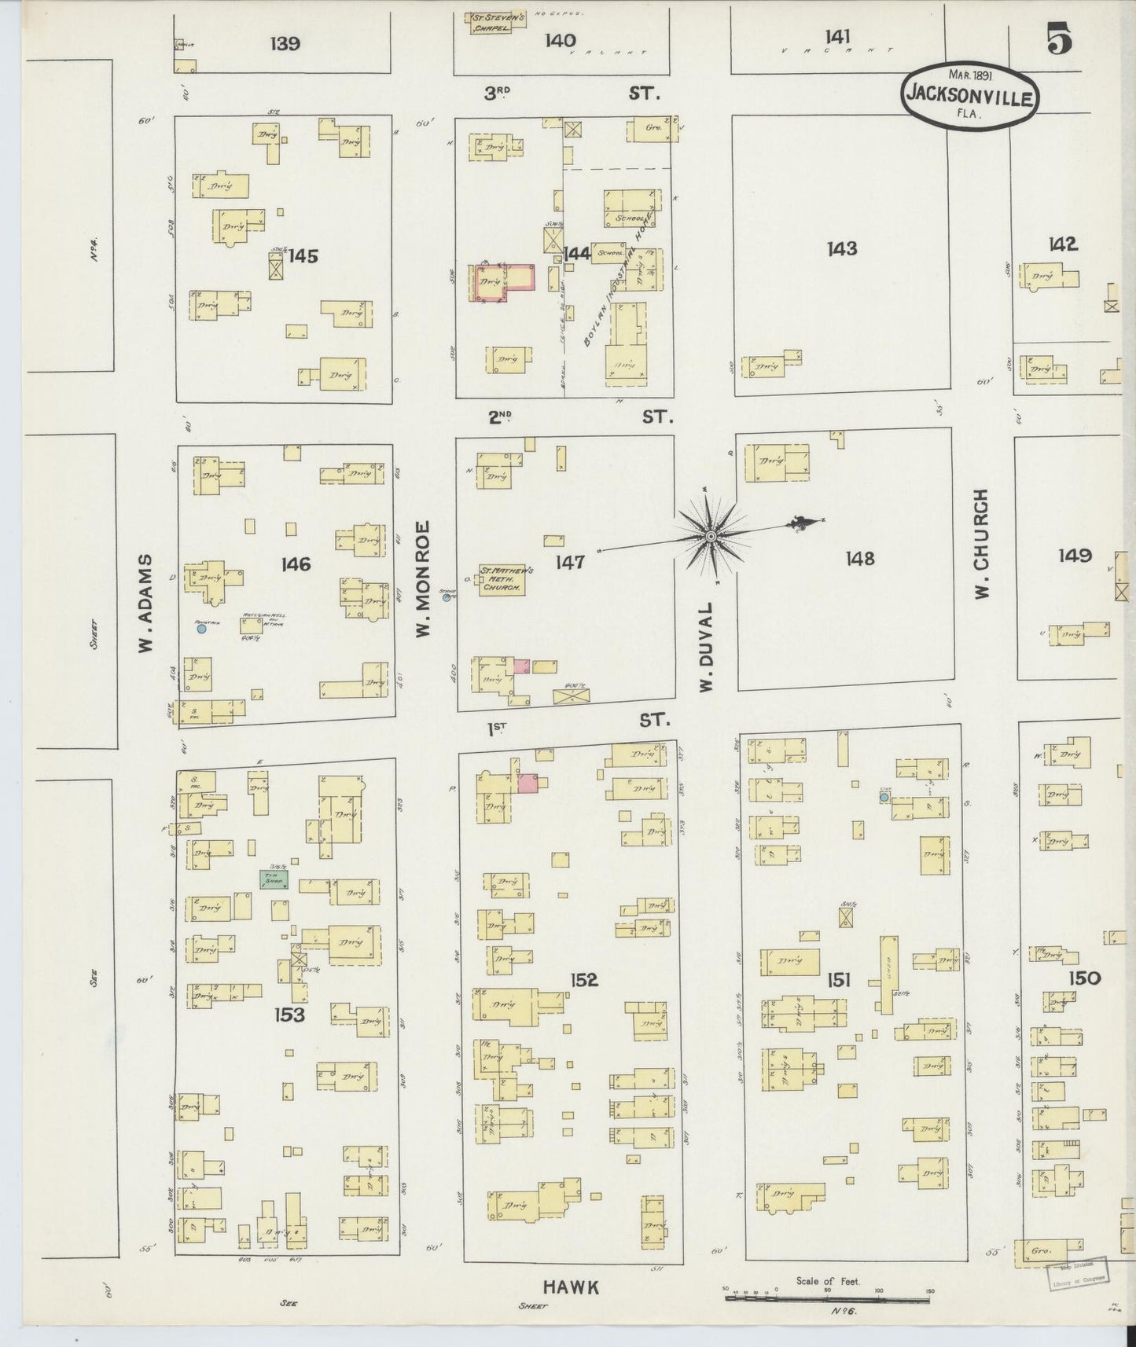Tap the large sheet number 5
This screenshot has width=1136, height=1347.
tap(1060, 39)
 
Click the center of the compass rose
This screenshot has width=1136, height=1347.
tap(709, 536)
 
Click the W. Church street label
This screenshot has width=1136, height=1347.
tap(981, 544)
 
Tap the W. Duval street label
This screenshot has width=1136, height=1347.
tap(706, 648)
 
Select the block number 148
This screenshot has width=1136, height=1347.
tap(859, 558)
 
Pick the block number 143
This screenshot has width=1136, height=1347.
tap(841, 249)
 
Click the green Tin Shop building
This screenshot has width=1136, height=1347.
tap(274, 879)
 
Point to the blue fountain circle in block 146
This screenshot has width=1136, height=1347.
tap(201, 628)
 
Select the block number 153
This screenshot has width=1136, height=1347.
tap(289, 1015)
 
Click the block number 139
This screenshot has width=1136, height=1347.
tap(284, 43)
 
